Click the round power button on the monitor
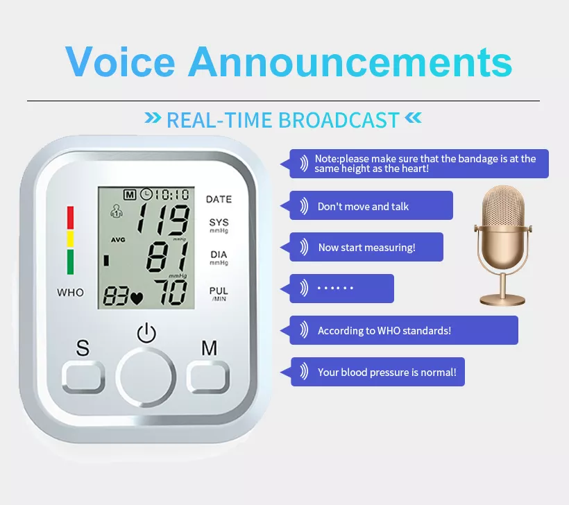coord(146,377)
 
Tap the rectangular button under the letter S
coord(83,377)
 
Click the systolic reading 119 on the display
coord(163,219)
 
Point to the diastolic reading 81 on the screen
coord(168,257)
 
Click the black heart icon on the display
coord(137,298)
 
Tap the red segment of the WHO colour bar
coord(70,218)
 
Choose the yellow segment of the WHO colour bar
coord(70,239)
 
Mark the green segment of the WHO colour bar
coord(70,262)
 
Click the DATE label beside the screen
coord(219,199)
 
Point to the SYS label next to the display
coord(219,223)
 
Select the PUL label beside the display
coord(219,291)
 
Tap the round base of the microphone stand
coord(502,300)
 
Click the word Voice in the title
coord(120,62)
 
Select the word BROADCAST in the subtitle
coord(339,120)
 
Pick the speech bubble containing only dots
coord(337,289)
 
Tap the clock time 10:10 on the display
coord(172,195)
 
